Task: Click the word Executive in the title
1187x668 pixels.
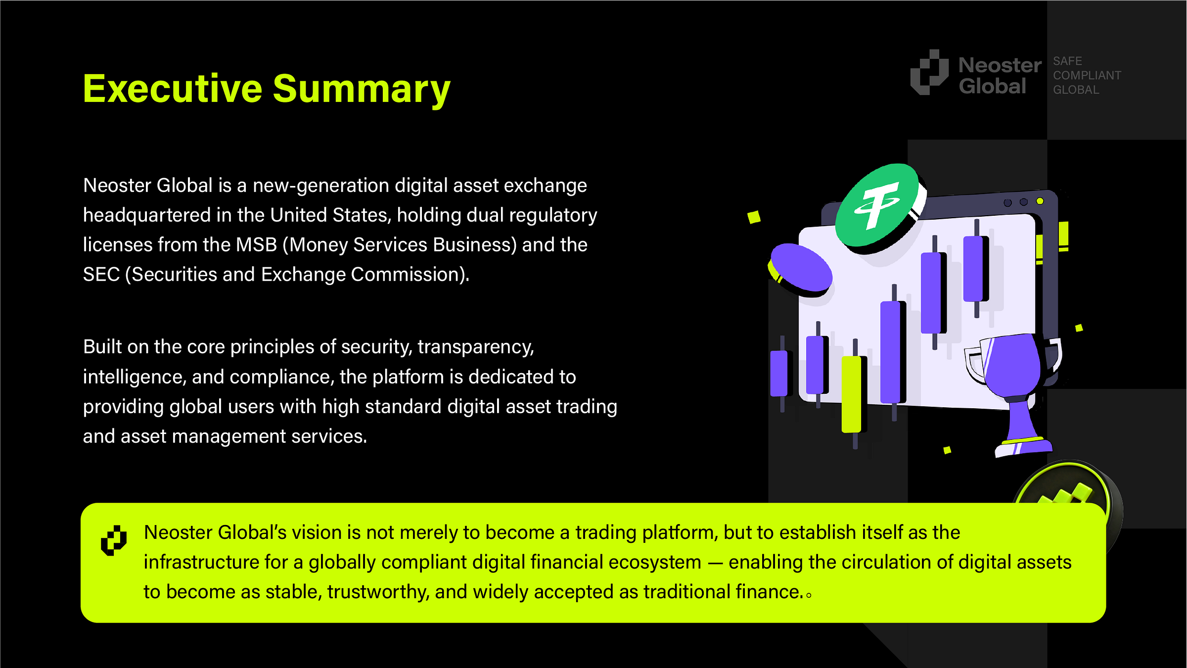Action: (x=172, y=89)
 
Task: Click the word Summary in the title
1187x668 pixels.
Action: (x=362, y=89)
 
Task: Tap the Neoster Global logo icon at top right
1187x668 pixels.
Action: (x=929, y=73)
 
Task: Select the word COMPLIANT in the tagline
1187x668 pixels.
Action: (x=1087, y=75)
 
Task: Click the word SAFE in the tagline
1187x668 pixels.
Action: (x=1067, y=61)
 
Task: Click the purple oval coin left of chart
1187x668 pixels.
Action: (x=801, y=268)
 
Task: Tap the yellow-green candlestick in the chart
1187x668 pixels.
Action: (x=851, y=393)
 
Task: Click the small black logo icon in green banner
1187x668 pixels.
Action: (x=114, y=540)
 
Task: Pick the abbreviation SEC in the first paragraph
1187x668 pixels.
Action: (x=101, y=275)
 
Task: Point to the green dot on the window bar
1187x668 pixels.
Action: (x=1040, y=201)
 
